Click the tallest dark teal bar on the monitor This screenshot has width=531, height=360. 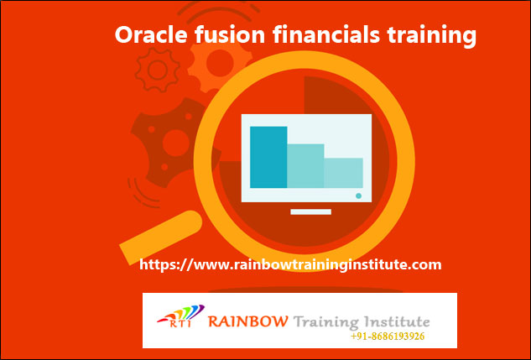tap(268, 157)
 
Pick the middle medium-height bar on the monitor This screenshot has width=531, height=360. tap(305, 166)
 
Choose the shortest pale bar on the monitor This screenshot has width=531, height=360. tap(343, 173)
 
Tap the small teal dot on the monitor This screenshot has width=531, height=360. tap(358, 196)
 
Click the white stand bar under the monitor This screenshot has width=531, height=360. tap(306, 212)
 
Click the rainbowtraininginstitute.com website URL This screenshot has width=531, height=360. tap(290, 264)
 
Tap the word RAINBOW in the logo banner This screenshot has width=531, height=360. tap(248, 321)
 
